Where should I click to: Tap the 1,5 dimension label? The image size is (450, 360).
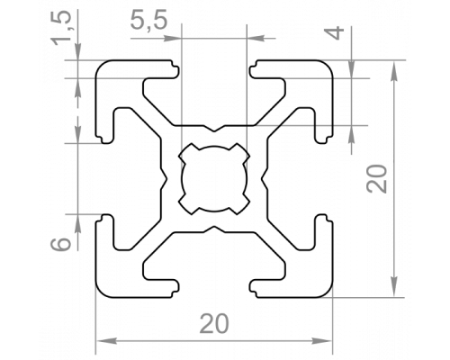click(62, 30)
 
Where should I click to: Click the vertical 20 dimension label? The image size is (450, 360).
click(377, 179)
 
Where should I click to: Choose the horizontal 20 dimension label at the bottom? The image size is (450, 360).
click(214, 324)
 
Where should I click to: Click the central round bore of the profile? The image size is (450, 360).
click(214, 179)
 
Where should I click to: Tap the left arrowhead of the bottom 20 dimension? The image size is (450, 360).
click(107, 341)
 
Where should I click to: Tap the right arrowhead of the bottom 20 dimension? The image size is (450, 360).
click(321, 341)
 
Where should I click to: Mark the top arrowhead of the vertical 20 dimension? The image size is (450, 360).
click(395, 71)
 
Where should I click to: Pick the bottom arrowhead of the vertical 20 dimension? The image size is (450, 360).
click(395, 287)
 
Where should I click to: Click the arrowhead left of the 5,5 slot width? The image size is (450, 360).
click(172, 39)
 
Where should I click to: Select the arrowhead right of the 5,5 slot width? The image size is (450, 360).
click(256, 39)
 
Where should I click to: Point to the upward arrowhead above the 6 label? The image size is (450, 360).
click(77, 224)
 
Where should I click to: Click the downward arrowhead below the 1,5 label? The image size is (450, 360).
click(78, 51)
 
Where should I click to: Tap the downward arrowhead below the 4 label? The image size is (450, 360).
click(352, 68)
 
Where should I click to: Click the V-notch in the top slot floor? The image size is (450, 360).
click(214, 129)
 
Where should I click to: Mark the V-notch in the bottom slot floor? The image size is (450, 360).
click(214, 229)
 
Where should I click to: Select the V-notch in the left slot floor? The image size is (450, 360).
click(164, 179)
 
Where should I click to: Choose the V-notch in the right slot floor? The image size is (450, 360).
click(264, 179)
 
